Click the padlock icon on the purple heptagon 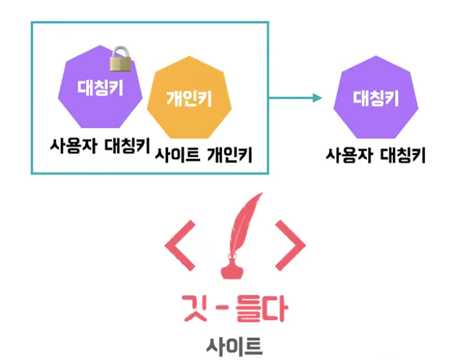(120, 59)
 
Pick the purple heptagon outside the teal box (376, 97)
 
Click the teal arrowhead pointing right (317, 97)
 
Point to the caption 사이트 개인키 (203, 155)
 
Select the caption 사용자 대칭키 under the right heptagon (376, 155)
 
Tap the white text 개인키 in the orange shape (189, 99)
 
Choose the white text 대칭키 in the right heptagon (376, 99)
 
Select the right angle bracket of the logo (291, 246)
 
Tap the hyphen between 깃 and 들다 (224, 311)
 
